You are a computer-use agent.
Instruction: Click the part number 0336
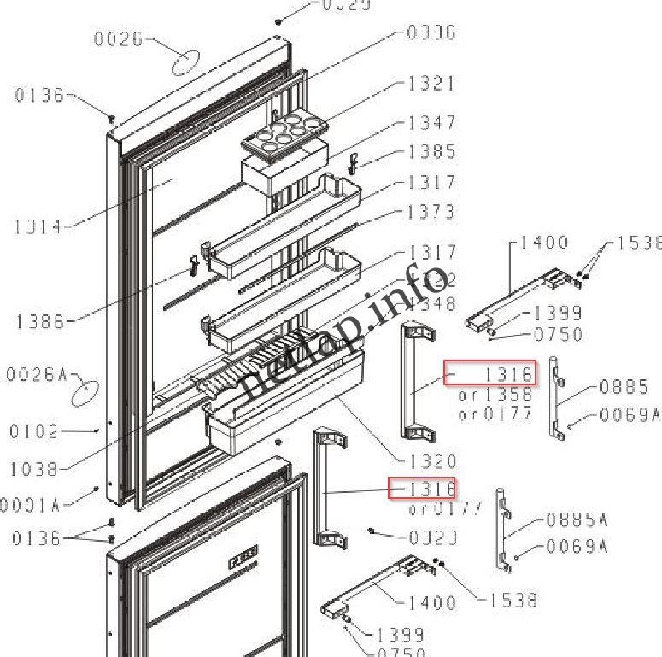click(x=431, y=32)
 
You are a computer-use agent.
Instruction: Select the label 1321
click(x=431, y=84)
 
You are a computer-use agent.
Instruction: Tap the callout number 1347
click(x=431, y=123)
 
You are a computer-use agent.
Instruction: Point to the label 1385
click(x=431, y=152)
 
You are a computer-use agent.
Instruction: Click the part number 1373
click(x=431, y=212)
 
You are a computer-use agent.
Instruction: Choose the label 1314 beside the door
click(x=38, y=227)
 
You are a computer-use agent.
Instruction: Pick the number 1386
click(x=39, y=322)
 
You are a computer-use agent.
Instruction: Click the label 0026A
click(x=37, y=374)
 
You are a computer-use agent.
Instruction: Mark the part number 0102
click(x=34, y=431)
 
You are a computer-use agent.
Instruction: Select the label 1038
click(x=34, y=469)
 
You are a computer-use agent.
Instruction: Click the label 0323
click(x=433, y=538)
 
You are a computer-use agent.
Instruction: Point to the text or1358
click(x=495, y=395)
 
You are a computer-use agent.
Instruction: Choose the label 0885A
click(x=577, y=519)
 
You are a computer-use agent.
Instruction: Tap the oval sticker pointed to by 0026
click(x=186, y=62)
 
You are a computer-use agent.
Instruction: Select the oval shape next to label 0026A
click(x=85, y=394)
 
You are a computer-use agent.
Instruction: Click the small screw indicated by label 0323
click(x=373, y=531)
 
